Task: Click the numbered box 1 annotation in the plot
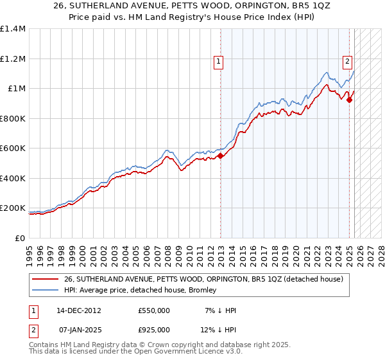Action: (x=219, y=62)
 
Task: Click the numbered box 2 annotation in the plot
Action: (x=347, y=62)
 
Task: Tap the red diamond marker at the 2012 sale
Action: (x=220, y=155)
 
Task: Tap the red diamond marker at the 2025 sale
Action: (x=350, y=100)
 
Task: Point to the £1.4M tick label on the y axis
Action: (x=13, y=29)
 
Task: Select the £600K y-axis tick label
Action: (x=13, y=148)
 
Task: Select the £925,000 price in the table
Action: (x=153, y=330)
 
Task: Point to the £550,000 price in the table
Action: (x=153, y=310)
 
